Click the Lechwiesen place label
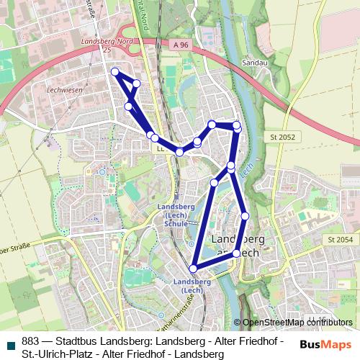[64, 91]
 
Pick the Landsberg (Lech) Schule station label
[176, 215]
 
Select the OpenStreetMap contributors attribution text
[297, 323]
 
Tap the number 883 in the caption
[31, 341]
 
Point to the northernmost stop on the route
[114, 71]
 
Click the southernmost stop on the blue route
[193, 269]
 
